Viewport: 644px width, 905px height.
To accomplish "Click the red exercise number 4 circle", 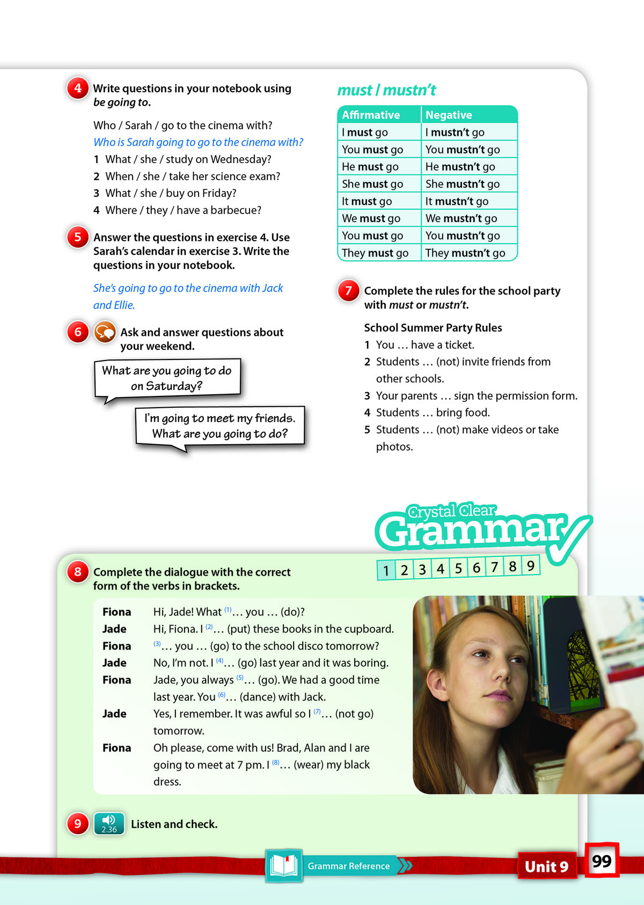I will point(78,88).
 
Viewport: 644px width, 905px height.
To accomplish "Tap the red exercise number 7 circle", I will point(348,290).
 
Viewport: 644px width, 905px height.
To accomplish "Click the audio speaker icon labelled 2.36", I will point(109,823).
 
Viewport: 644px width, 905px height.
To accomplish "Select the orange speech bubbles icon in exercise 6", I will point(105,332).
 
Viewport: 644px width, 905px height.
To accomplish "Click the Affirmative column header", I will point(371,115).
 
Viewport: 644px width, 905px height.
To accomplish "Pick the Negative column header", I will point(449,115).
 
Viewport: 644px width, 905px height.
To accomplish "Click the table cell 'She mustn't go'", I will point(462,184).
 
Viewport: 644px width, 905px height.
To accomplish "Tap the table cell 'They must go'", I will point(375,253).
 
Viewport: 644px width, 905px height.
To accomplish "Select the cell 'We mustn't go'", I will point(461,218).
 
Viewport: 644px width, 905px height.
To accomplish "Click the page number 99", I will point(602,860).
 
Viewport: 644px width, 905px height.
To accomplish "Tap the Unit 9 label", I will point(546,866).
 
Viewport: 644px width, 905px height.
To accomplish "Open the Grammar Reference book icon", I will point(284,865).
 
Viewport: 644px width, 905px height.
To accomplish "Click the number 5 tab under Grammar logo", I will point(458,568).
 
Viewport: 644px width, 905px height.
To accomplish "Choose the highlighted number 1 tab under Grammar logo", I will point(386,570).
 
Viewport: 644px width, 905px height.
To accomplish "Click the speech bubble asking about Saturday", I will point(167,378).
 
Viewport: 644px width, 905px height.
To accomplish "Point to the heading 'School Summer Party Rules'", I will point(433,328).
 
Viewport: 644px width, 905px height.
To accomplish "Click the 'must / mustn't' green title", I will point(386,90).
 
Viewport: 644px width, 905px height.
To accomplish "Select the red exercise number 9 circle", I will point(78,823).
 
